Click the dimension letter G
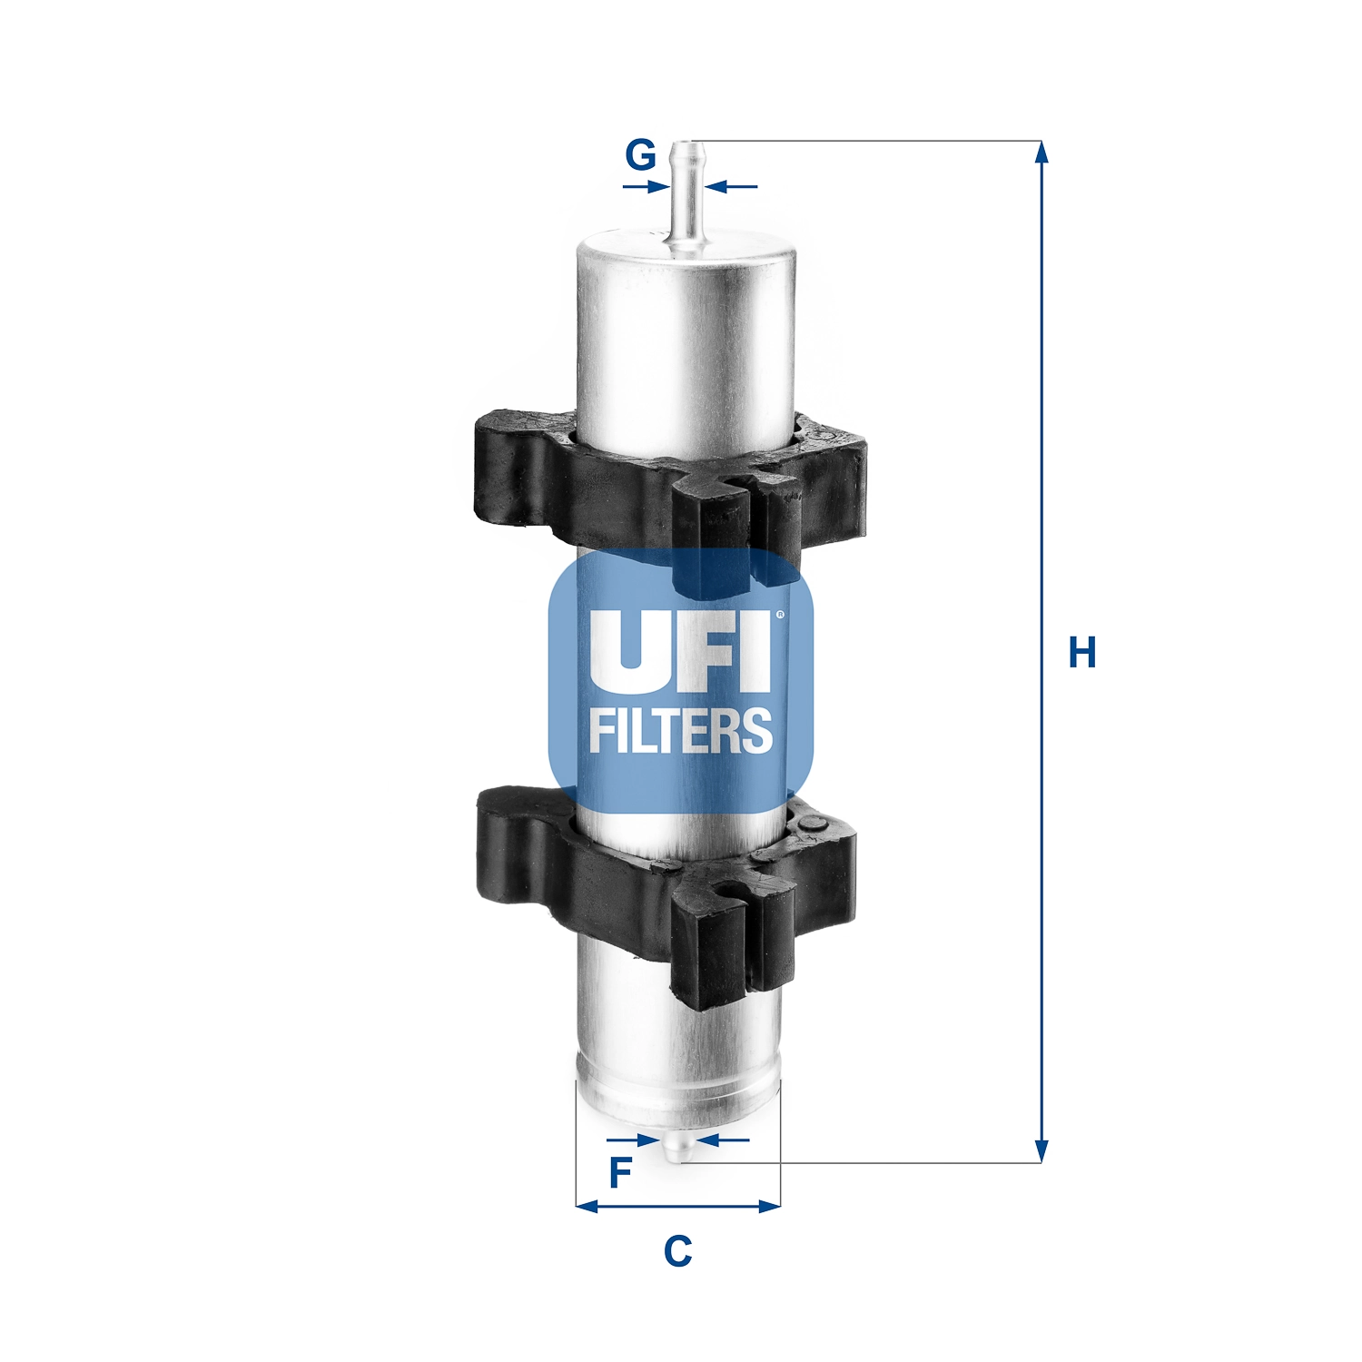640,155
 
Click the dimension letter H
1082,653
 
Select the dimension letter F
619,1173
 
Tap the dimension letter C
677,1251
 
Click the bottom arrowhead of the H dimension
1042,1151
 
